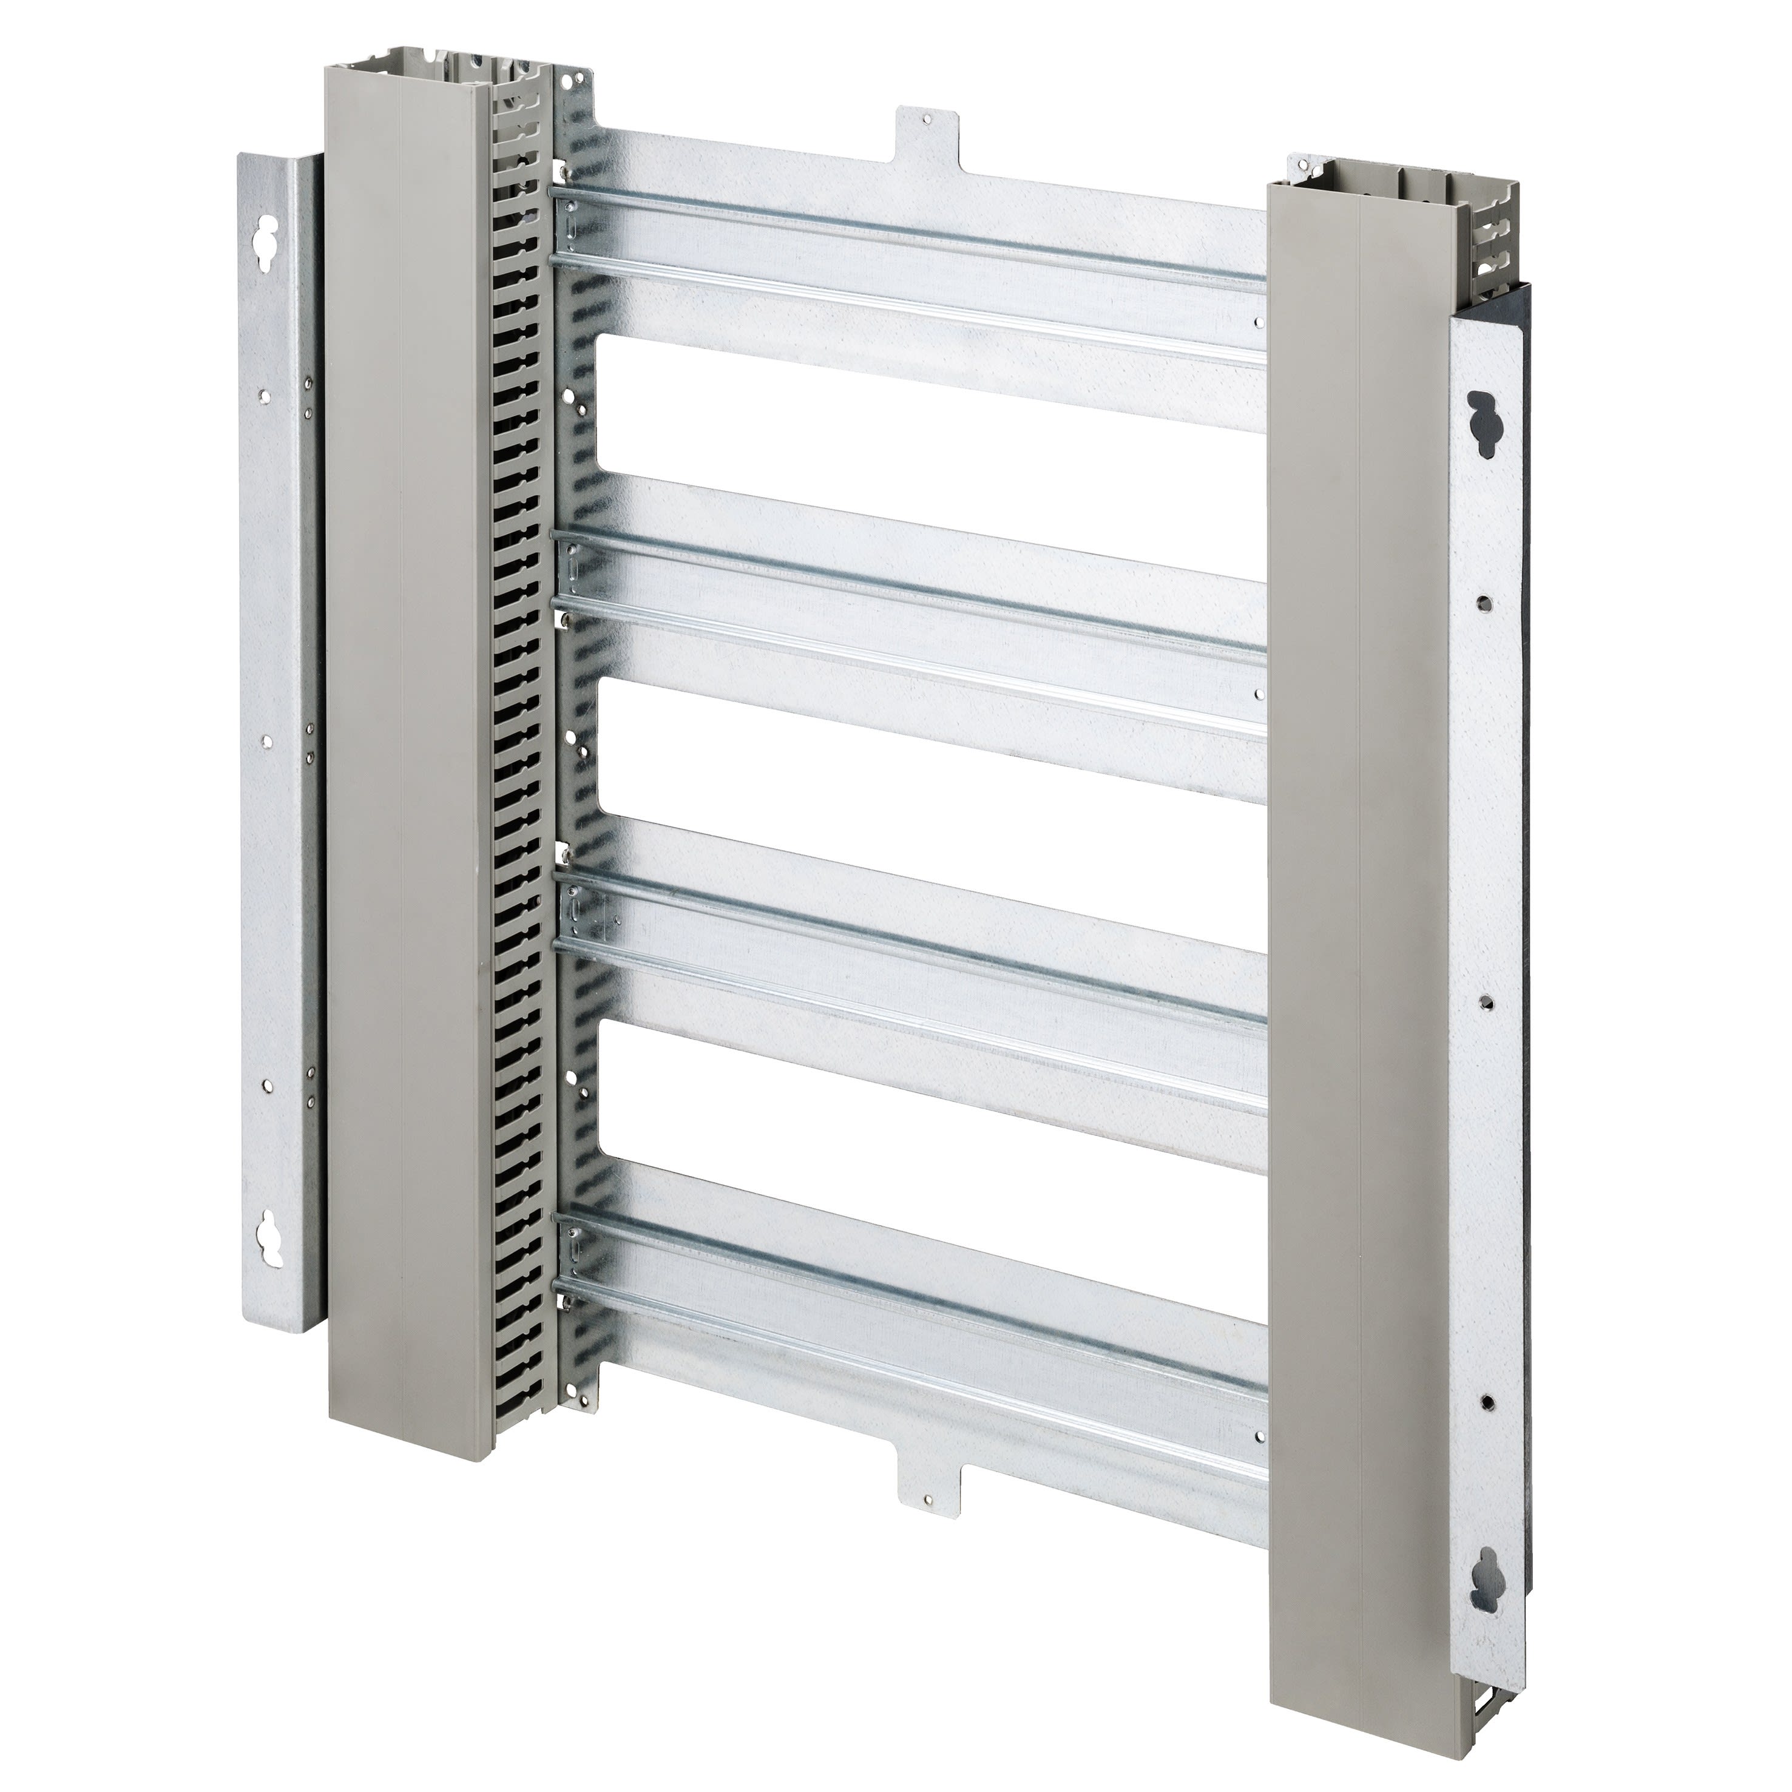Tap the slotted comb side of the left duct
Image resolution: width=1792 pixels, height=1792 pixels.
[525, 742]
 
